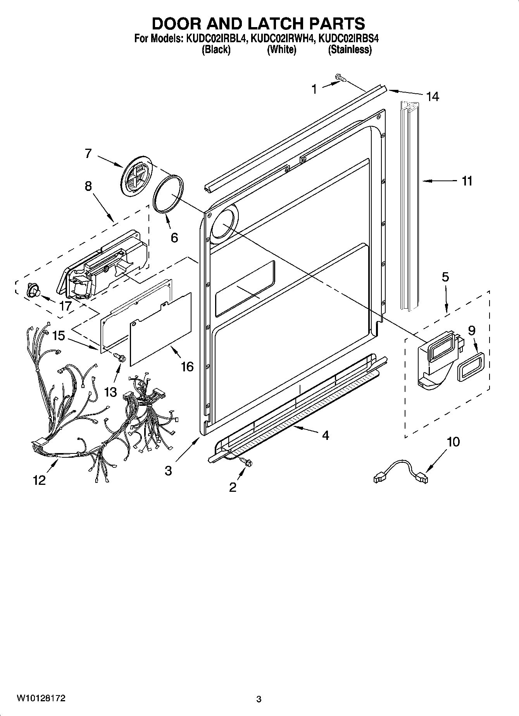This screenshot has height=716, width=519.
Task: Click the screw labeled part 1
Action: tap(341, 79)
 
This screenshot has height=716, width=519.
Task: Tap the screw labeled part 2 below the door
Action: tap(245, 461)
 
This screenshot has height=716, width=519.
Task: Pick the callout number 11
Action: tap(467, 181)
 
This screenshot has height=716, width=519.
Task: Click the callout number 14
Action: tap(433, 96)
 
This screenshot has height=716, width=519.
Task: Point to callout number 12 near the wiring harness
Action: tap(40, 480)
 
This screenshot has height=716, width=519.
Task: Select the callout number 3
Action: tap(168, 470)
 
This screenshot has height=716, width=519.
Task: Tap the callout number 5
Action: tap(445, 277)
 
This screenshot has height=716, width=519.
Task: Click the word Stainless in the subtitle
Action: tap(350, 50)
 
